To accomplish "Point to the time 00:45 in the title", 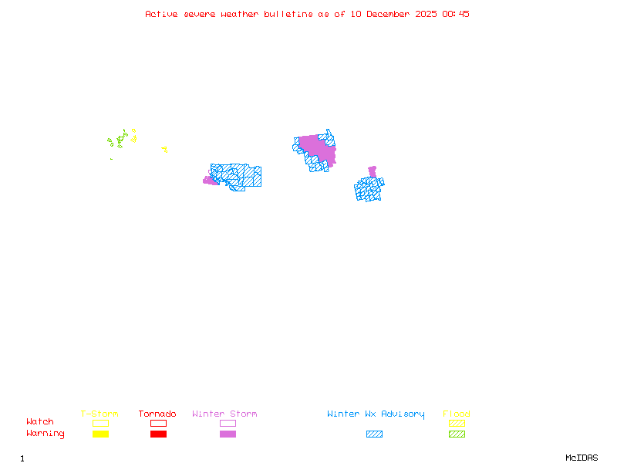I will [456, 14].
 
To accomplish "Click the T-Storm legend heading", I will [99, 414].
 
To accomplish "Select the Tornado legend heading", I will [157, 414].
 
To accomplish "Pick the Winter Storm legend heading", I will [224, 414].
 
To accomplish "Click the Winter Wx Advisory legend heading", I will [376, 414].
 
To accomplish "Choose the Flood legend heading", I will [457, 414].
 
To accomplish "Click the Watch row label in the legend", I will [40, 422].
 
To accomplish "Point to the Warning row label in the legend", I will [46, 434].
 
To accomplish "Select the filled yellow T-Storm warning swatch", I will [100, 434].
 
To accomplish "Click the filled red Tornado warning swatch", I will [158, 434].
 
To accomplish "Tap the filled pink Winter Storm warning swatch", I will [228, 434].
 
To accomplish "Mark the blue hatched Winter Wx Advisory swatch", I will [374, 434].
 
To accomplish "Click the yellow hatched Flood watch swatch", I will [457, 423].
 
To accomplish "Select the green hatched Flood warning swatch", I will [457, 434].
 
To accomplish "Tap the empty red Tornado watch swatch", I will [158, 423].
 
